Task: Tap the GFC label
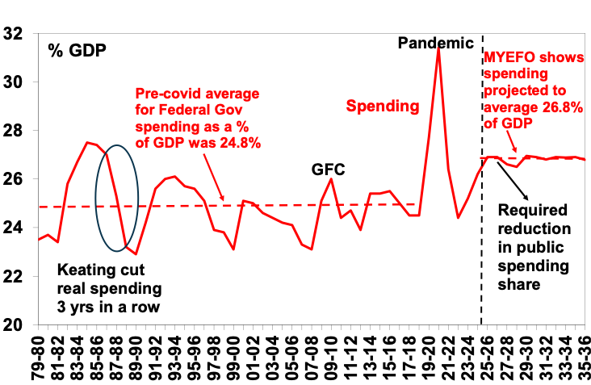(329, 169)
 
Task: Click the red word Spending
(384, 106)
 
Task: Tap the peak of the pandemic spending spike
(438, 48)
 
